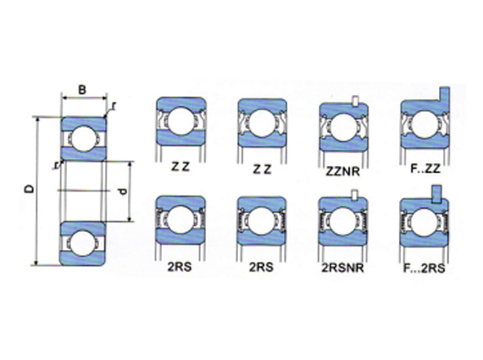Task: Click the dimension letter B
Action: [80, 89]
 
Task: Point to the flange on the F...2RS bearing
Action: [438, 194]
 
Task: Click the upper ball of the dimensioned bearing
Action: [82, 135]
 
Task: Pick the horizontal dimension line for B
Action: [82, 97]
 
